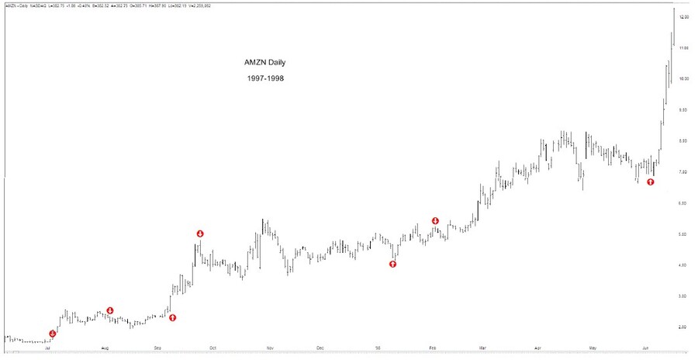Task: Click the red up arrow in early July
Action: [52, 334]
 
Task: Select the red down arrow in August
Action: [110, 310]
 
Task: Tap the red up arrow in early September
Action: [172, 317]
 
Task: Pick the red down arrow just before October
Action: [200, 234]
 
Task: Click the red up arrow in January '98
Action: [392, 264]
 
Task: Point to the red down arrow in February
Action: [435, 221]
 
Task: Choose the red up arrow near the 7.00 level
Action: [651, 182]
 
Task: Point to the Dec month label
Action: [320, 350]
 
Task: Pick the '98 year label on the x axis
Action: [378, 350]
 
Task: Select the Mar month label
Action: [482, 350]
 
